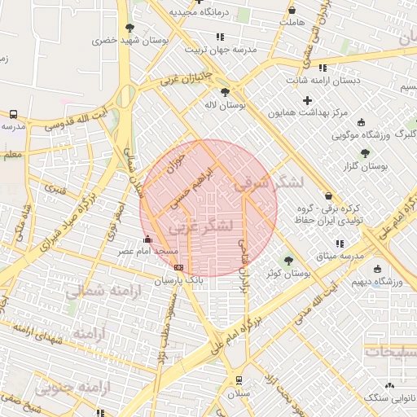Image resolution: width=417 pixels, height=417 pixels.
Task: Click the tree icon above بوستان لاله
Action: point(225,91)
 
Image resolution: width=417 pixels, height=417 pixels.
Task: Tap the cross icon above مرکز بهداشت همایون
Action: point(307,100)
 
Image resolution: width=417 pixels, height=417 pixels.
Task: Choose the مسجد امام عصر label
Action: point(140,252)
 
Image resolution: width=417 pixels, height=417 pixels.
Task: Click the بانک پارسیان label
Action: point(178,279)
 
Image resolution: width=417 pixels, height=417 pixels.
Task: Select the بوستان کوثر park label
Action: point(289,274)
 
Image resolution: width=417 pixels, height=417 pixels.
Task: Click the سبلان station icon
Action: point(238,380)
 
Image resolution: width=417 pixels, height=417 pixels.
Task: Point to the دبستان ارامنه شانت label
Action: point(323,81)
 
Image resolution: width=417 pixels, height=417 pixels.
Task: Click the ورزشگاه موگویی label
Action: point(354,133)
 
